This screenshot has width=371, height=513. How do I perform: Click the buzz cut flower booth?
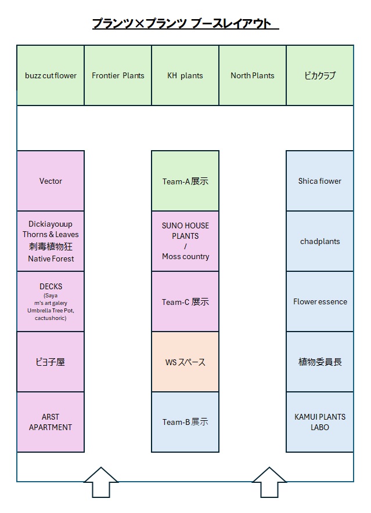(51, 75)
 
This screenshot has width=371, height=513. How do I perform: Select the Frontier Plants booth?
(118, 75)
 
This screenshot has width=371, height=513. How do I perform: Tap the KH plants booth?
(185, 75)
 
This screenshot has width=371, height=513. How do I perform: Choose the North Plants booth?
(253, 75)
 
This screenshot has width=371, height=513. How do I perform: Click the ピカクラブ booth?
(320, 75)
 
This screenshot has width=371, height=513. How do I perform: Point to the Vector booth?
(51, 181)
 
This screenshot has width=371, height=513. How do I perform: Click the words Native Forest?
(51, 259)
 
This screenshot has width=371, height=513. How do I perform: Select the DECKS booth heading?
(51, 286)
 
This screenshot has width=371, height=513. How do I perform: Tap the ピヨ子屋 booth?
(51, 362)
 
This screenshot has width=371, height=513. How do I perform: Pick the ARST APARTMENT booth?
(51, 422)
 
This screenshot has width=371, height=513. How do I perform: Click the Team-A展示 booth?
(185, 181)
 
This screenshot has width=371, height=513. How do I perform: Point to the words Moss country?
(185, 256)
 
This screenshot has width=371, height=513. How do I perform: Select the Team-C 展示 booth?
(185, 301)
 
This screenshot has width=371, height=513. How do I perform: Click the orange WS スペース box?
(185, 362)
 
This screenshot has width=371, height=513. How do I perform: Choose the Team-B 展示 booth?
(185, 422)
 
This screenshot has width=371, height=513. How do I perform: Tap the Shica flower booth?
(320, 181)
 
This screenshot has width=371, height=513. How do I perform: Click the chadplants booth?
(320, 241)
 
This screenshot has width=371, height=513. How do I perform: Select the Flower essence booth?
(320, 301)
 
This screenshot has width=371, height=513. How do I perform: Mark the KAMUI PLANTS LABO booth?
(320, 422)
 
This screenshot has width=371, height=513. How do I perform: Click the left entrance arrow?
(101, 482)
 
